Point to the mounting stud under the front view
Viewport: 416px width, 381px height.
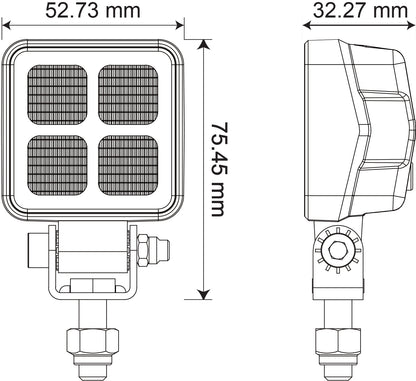[95, 345]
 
